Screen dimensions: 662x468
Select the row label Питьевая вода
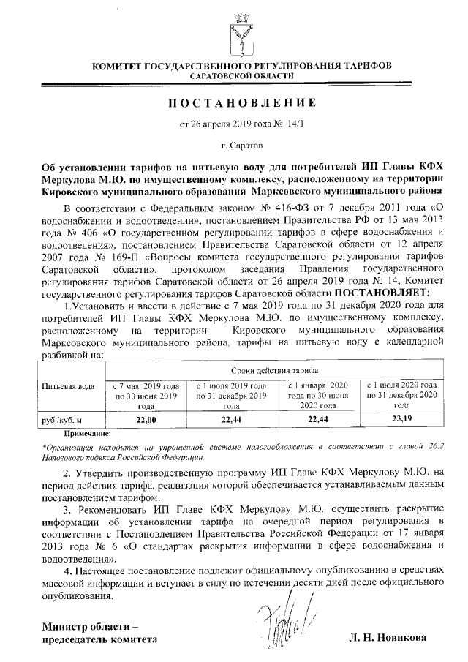[x=68, y=387]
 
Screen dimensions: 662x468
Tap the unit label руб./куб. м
[x=62, y=420]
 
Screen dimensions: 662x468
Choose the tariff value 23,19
[x=401, y=419]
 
